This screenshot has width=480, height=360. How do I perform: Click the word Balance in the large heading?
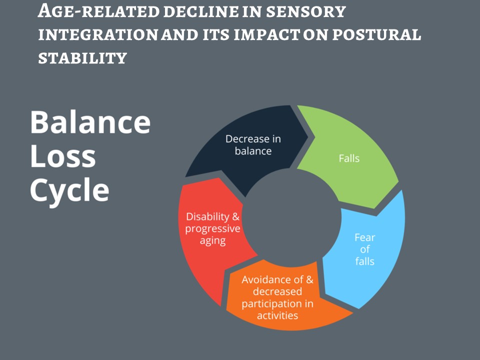[x=90, y=122]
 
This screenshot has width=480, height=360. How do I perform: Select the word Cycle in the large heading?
[x=69, y=190]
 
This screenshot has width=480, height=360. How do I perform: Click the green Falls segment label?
[x=349, y=158]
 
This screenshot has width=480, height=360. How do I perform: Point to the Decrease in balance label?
[x=253, y=144]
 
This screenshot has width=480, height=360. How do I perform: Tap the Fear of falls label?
[x=364, y=249]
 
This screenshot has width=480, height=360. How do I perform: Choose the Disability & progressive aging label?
[x=212, y=228]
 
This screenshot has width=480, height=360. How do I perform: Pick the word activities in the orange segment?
[x=277, y=315]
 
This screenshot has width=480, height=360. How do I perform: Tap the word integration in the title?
[x=93, y=34]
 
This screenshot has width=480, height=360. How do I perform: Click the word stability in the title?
[x=82, y=58]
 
